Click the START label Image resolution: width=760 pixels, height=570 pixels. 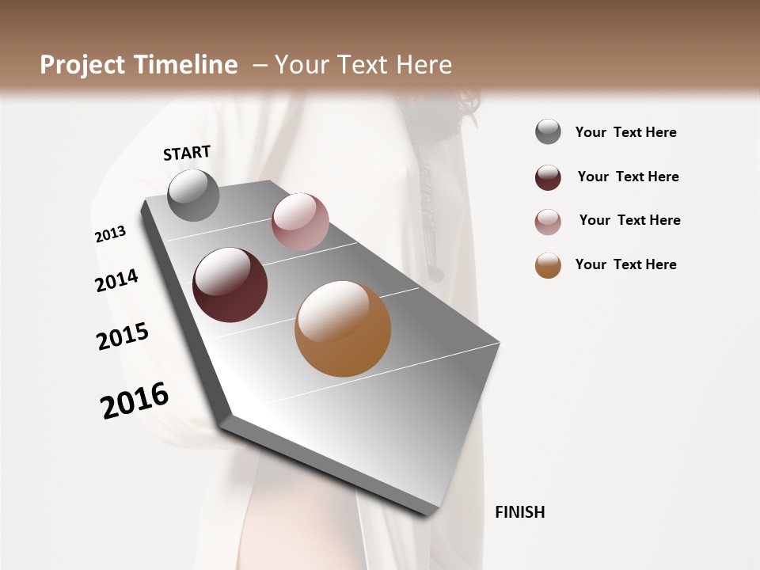pyautogui.click(x=187, y=153)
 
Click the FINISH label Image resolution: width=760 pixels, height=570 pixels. pyautogui.click(x=519, y=512)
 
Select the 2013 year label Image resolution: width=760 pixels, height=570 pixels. pyautogui.click(x=111, y=234)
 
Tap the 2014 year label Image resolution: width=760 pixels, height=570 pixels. pyautogui.click(x=117, y=280)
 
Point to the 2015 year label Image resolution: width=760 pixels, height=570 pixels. pyautogui.click(x=123, y=336)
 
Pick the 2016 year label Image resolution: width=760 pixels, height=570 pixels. pyautogui.click(x=135, y=400)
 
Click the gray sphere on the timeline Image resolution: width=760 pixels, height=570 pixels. pyautogui.click(x=193, y=196)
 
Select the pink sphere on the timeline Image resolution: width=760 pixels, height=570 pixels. pyautogui.click(x=300, y=222)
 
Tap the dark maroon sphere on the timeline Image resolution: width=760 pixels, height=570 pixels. pyautogui.click(x=230, y=285)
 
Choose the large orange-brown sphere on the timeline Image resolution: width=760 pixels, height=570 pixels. pyautogui.click(x=343, y=329)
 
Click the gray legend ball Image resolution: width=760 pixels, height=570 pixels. pyautogui.click(x=548, y=131)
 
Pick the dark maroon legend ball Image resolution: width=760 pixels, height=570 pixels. pyautogui.click(x=548, y=177)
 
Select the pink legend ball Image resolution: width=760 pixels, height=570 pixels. pyautogui.click(x=548, y=222)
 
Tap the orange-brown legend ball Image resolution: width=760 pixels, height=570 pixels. pyautogui.click(x=548, y=265)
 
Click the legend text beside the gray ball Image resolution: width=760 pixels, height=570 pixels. pyautogui.click(x=625, y=132)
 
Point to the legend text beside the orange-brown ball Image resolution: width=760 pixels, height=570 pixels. pyautogui.click(x=625, y=264)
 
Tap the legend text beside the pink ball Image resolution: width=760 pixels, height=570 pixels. pyautogui.click(x=629, y=220)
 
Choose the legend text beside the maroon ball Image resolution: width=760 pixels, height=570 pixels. pyautogui.click(x=628, y=177)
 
